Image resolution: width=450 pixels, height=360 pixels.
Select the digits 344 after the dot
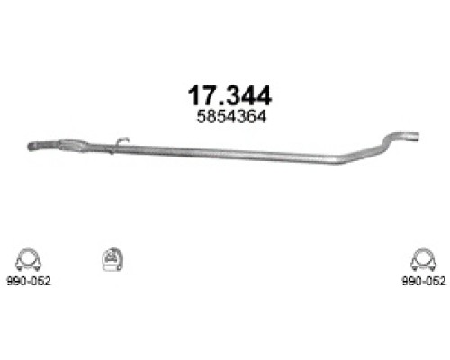pos(247,94)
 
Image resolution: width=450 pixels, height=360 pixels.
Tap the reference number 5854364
pos(226,115)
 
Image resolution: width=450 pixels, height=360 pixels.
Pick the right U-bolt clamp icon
pos(420,258)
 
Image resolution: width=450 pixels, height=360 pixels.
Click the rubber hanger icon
pos(111,258)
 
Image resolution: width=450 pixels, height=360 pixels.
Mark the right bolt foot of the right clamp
pos(431,267)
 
